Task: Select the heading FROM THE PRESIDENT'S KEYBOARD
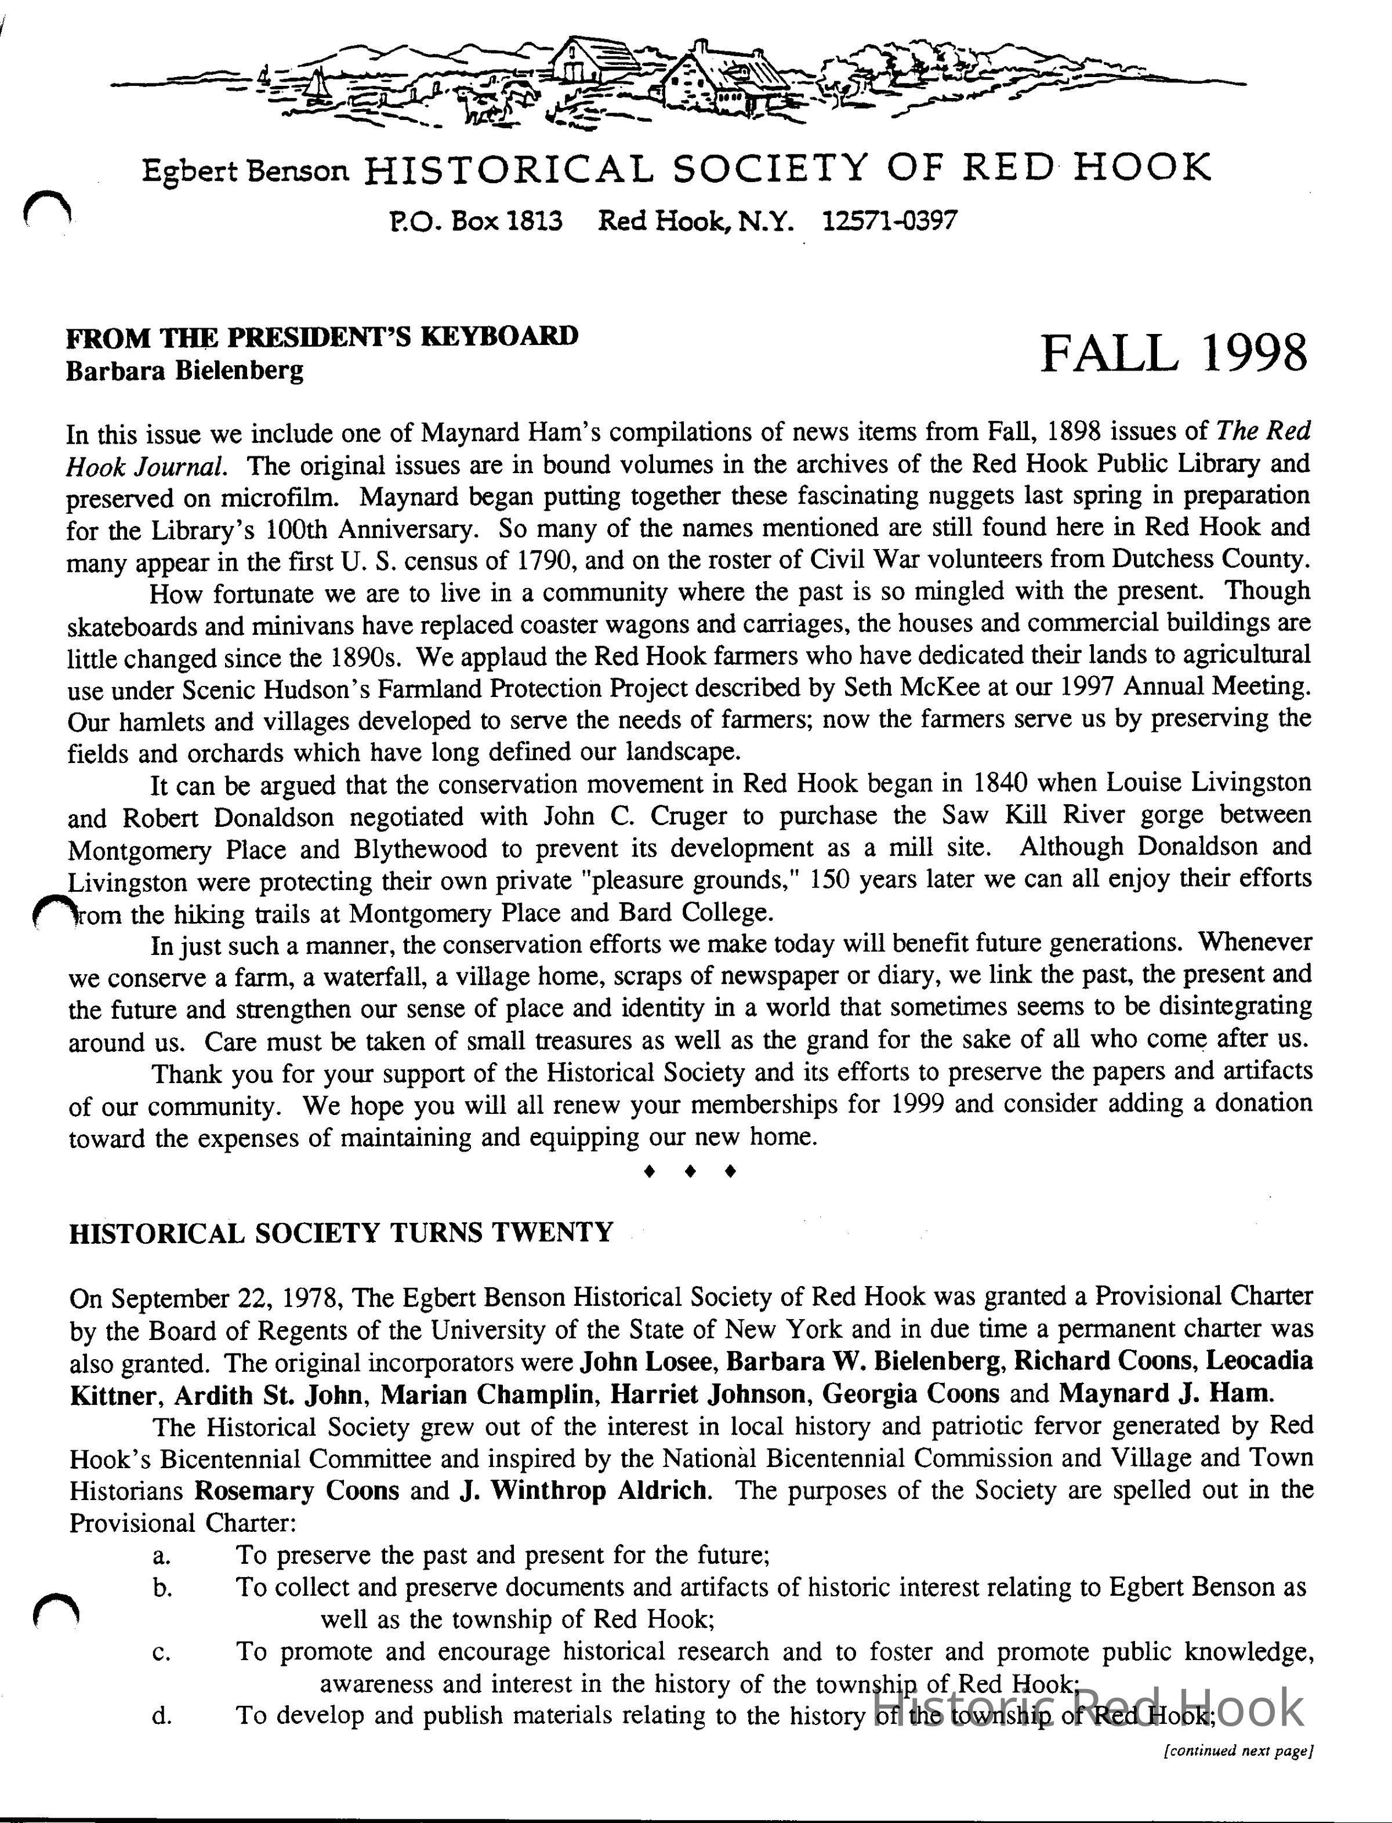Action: [x=322, y=336]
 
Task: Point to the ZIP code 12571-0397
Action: [x=891, y=220]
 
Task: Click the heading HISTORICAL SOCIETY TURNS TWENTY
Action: [x=340, y=1233]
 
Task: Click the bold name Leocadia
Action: [x=1259, y=1361]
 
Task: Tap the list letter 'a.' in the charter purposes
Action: [x=162, y=1556]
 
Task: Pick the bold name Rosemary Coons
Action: [x=296, y=1491]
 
